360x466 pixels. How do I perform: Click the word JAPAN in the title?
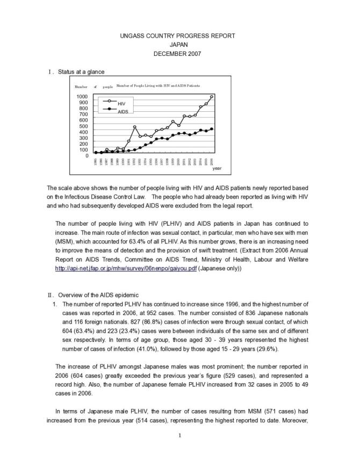(179, 45)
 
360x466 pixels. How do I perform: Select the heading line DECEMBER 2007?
(179, 54)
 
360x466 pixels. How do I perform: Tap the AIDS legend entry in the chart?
(123, 112)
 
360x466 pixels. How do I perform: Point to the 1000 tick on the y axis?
(83, 97)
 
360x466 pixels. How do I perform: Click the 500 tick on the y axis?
(84, 126)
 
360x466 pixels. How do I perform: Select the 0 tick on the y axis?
(87, 156)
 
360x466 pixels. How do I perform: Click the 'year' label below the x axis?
(217, 168)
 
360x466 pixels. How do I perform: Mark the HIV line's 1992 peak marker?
(135, 127)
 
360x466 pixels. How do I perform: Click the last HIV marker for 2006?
(212, 97)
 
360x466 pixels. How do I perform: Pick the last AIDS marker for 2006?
(212, 129)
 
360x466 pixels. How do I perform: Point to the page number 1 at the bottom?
(179, 435)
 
